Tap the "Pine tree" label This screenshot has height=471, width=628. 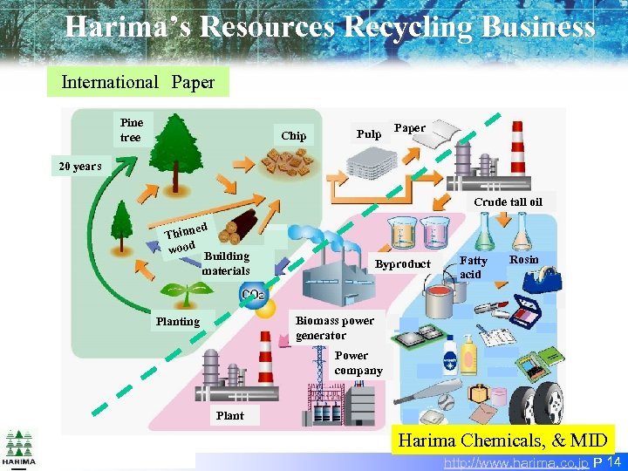coord(132,130)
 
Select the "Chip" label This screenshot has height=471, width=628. coord(294,135)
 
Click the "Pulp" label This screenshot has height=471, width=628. coord(369,134)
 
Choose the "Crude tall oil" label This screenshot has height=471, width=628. coord(508,201)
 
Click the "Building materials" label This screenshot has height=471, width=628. coord(226,263)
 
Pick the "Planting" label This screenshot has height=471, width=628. coord(177,321)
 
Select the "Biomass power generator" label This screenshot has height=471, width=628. coord(334,328)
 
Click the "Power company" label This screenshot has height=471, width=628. coord(358,363)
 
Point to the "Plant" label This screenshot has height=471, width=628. coord(230,415)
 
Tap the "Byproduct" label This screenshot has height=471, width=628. coord(402,264)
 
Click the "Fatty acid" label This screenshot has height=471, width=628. coord(474,267)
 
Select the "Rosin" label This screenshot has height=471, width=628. coord(524,260)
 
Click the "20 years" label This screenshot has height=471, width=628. coord(80,167)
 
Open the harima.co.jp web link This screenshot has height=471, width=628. coord(515,461)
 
